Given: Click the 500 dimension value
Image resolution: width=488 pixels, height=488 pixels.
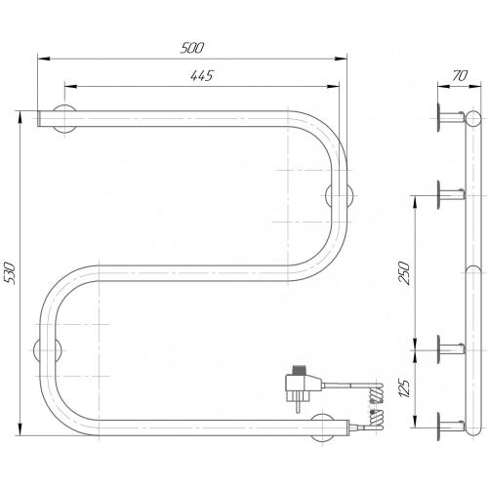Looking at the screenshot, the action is [192, 48].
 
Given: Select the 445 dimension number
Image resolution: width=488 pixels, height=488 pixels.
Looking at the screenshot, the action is [202, 75].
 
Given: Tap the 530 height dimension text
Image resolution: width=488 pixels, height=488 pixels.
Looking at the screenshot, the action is [10, 273].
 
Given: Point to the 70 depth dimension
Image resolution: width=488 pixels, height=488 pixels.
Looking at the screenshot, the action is [460, 76].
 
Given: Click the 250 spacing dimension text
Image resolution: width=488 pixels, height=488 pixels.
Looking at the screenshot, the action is [404, 272].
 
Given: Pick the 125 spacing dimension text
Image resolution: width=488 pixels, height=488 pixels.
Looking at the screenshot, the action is [404, 387].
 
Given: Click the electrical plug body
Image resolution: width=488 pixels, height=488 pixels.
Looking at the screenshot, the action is [304, 386].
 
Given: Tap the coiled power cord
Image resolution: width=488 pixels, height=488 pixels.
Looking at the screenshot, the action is [377, 407].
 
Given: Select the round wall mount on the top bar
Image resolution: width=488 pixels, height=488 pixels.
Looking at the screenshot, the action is [64, 119].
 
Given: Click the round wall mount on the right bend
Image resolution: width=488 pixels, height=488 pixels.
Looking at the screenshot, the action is [340, 196].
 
